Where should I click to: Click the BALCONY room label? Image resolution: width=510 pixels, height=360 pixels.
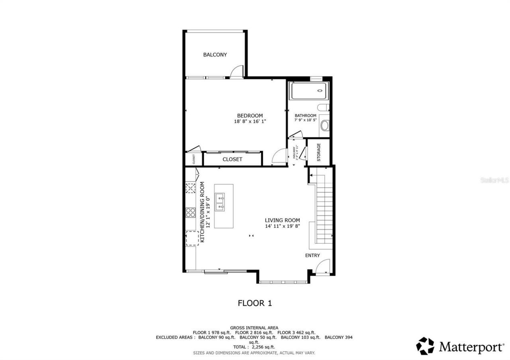click(x=215, y=55)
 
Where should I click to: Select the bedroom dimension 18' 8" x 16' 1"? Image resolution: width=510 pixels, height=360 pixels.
click(x=250, y=121)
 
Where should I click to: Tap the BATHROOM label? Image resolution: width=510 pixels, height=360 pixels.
click(x=305, y=115)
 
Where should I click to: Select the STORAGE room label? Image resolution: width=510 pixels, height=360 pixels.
click(x=319, y=152)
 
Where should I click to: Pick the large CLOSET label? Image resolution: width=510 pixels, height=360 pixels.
click(x=232, y=159)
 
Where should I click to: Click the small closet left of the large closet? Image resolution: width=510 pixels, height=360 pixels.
click(x=194, y=159)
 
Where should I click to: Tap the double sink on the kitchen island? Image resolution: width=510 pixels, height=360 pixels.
click(x=220, y=202)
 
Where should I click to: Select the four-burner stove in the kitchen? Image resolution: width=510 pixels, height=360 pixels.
click(x=190, y=212)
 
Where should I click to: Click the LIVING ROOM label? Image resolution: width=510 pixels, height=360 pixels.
click(x=282, y=220)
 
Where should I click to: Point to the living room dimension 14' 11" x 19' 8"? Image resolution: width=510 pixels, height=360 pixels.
click(x=282, y=226)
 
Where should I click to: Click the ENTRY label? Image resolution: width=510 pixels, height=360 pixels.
click(x=312, y=255)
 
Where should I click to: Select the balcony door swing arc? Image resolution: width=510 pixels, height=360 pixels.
click(x=237, y=70)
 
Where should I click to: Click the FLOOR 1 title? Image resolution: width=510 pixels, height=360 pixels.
click(x=255, y=303)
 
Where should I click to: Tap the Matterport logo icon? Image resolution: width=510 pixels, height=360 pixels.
click(x=425, y=346)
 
